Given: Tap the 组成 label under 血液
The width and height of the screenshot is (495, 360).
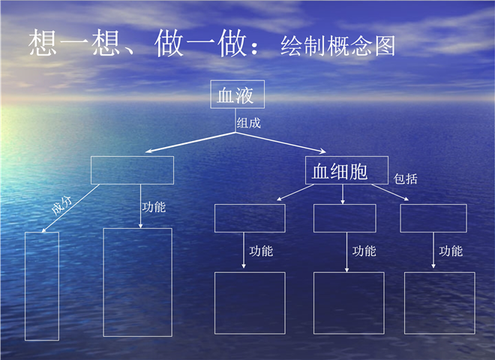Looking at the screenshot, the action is coord(249,123).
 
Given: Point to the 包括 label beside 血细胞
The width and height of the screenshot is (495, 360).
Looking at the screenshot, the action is coord(405,178).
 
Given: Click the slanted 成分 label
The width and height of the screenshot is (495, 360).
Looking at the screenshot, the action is coord(61,205).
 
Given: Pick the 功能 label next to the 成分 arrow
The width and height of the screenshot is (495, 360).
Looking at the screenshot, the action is coord(154,207).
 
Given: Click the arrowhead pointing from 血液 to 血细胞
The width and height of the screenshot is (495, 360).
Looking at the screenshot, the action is coord(322,151).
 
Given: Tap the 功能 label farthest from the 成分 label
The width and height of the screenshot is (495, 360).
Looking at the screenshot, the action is coord(451,251).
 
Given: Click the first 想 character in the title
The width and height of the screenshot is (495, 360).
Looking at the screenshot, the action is coord(43,43).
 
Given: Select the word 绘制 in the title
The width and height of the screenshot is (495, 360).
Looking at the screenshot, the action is coord(304,46).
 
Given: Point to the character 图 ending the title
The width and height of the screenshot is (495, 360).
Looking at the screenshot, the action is coord(385,46).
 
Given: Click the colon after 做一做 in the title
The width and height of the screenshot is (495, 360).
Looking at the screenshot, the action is coord(254,48).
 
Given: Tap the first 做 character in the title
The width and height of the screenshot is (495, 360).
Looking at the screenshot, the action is coord(169,43).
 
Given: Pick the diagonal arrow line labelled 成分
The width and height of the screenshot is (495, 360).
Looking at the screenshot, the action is coord(70,208).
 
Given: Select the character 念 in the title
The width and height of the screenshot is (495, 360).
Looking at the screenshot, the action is coord(361,46).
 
